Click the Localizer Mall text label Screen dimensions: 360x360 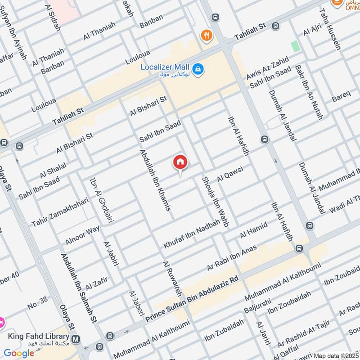coord(165,67)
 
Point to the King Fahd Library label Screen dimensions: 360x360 coord(39,337)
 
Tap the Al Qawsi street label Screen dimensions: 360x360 coord(230,174)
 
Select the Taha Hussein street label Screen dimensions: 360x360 coord(330,29)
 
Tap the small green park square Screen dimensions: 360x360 coord(295,46)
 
